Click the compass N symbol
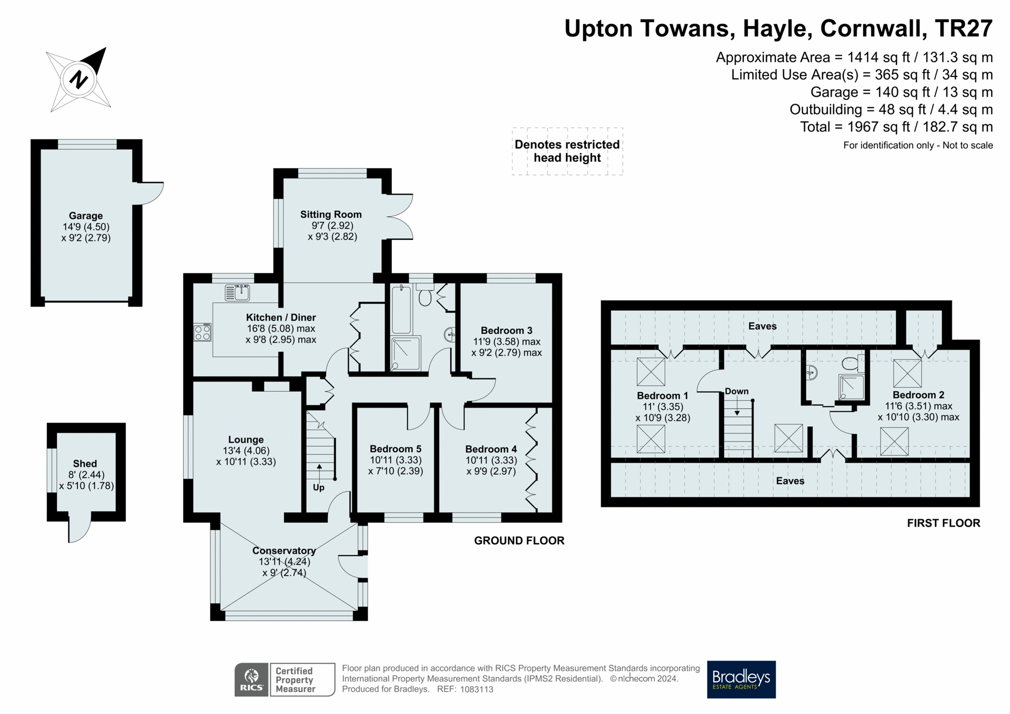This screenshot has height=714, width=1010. click(78, 80)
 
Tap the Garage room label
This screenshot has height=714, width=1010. click(86, 216)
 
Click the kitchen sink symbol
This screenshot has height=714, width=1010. click(237, 292)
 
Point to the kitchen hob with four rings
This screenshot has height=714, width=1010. click(202, 332)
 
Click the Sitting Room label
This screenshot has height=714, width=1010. click(331, 214)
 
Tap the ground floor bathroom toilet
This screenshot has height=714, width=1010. click(425, 297)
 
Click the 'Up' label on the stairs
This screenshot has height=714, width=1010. click(318, 487)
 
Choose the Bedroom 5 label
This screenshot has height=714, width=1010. click(395, 448)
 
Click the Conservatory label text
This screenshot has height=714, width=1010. click(284, 550)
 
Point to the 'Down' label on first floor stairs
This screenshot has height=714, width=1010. click(736, 391)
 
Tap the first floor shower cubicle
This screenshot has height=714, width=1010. click(851, 387)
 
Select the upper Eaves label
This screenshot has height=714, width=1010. click(762, 326)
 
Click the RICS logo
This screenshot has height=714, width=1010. click(252, 679)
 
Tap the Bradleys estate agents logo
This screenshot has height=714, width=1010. click(741, 679)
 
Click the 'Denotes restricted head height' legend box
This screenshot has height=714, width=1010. click(567, 151)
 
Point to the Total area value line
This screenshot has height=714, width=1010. click(896, 127)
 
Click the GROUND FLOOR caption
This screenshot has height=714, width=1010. click(519, 540)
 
